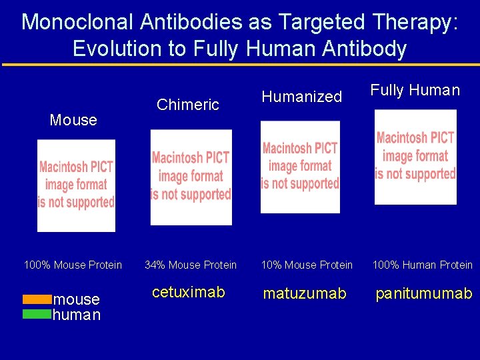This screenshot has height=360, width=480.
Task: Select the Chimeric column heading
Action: [187, 105]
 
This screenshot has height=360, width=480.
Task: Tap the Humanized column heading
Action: [301, 97]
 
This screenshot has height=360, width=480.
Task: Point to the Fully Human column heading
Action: [415, 90]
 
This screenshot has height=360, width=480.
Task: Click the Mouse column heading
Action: [73, 120]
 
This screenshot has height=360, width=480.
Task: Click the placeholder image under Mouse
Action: [76, 184]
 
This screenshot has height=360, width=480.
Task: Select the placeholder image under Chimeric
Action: [191, 177]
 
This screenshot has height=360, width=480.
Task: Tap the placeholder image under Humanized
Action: [300, 167]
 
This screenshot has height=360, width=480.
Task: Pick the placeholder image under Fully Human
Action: [415, 157]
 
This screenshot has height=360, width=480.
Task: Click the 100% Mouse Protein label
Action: [73, 265]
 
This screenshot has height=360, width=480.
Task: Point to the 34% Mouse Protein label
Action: [191, 265]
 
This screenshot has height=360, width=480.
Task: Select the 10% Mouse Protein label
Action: [307, 265]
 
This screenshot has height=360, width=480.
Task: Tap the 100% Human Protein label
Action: [422, 265]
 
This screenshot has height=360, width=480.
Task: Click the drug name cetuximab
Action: [189, 292]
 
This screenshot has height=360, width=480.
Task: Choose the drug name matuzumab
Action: [305, 293]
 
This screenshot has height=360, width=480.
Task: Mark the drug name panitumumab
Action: [423, 293]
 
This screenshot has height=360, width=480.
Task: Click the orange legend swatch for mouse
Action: [37, 299]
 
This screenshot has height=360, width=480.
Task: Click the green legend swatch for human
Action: [37, 314]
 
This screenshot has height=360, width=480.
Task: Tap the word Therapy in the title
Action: [411, 21]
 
